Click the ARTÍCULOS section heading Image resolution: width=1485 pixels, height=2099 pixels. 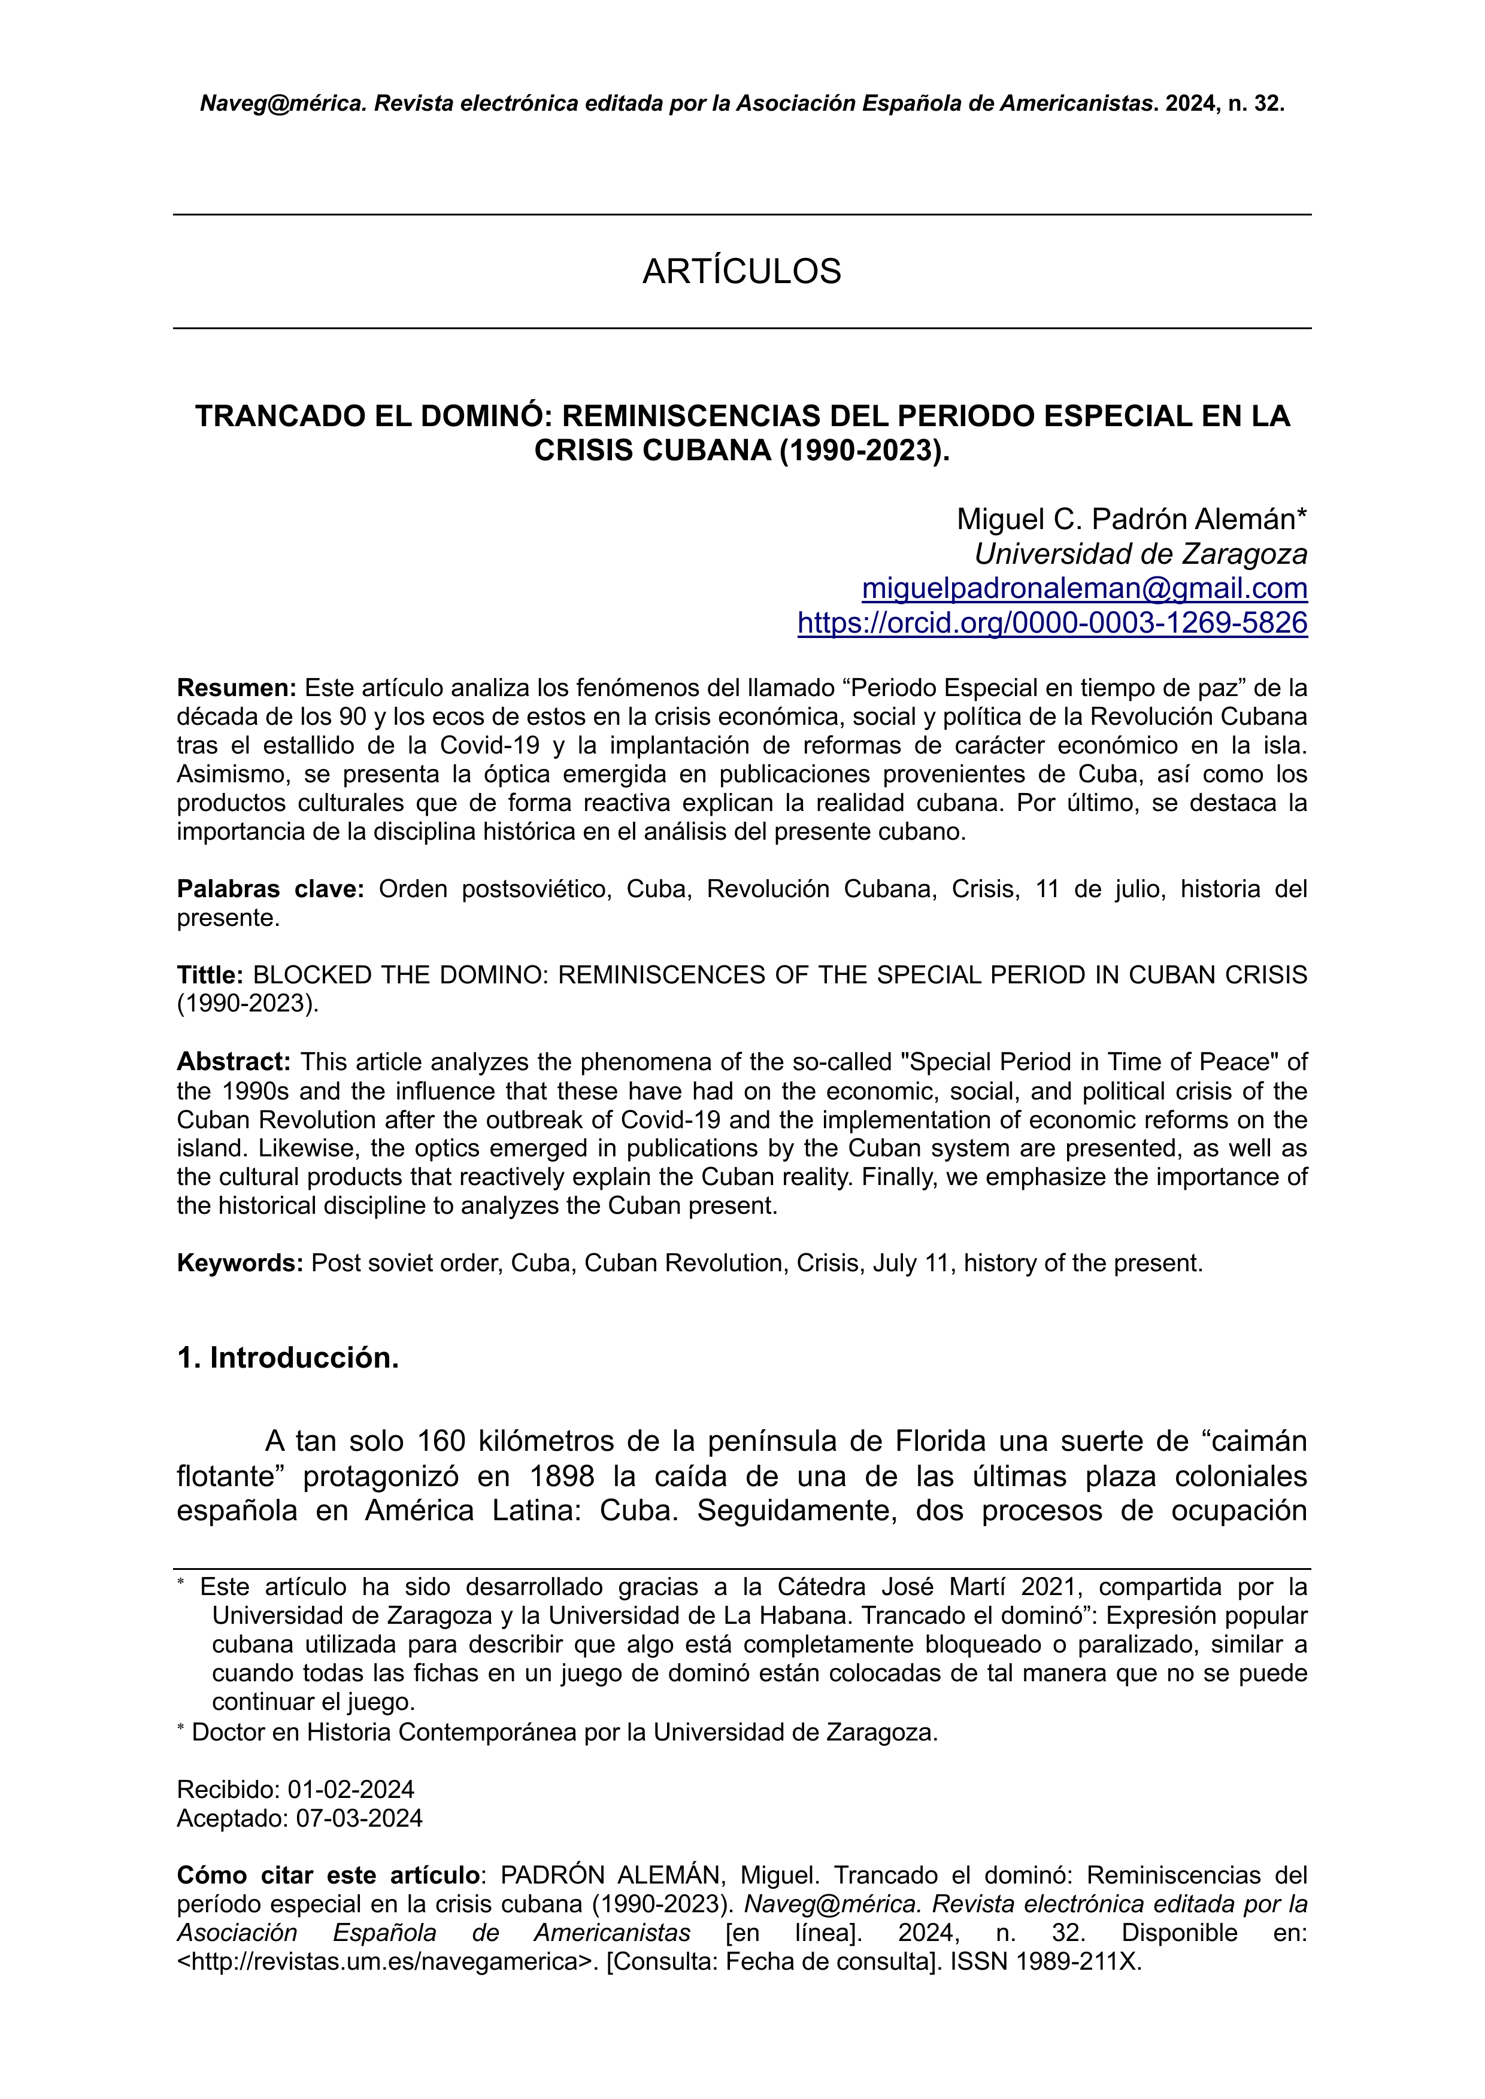(741, 272)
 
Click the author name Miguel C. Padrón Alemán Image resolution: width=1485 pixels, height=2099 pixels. (1131, 520)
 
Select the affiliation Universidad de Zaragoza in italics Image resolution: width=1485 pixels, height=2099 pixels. (1140, 554)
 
